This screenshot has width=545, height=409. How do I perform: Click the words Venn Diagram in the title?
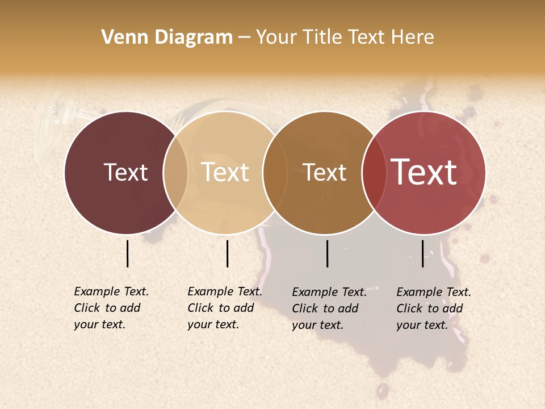[x=167, y=37]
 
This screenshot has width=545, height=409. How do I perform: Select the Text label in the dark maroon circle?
[x=125, y=172]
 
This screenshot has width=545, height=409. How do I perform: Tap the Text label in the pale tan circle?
[x=225, y=172]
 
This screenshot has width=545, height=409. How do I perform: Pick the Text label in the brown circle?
[x=324, y=172]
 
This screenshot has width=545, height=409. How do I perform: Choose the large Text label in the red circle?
[x=424, y=172]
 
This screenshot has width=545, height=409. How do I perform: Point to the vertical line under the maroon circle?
[x=128, y=253]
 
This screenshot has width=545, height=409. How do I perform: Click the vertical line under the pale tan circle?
[x=227, y=253]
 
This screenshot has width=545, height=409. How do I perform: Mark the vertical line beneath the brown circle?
[x=328, y=253]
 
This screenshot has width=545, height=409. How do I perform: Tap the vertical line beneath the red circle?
[x=423, y=253]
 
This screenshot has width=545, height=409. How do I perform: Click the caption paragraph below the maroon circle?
[x=111, y=308]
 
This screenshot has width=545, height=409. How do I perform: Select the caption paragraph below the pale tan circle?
[x=225, y=308]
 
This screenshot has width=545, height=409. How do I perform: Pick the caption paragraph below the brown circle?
[x=329, y=308]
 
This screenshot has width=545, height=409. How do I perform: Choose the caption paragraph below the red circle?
[x=434, y=308]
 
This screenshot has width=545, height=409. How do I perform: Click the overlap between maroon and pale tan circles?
[x=175, y=173]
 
